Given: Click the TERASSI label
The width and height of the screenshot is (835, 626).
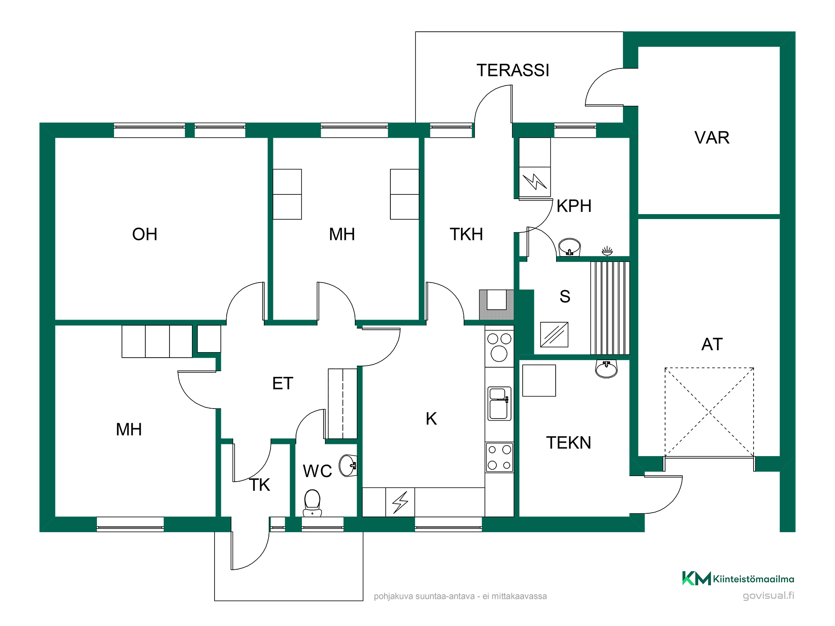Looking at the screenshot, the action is click(x=513, y=70).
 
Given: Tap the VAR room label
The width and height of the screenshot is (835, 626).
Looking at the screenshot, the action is click(x=712, y=137).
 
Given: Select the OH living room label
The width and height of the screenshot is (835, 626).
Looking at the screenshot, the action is click(x=144, y=234).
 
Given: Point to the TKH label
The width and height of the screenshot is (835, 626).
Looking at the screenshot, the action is click(x=466, y=234).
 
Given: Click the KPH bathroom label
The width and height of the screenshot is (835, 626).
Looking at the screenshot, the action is click(x=574, y=206).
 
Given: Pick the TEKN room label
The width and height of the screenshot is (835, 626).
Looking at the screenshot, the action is click(x=569, y=442).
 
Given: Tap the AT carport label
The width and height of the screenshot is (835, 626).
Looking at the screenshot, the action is click(x=712, y=344).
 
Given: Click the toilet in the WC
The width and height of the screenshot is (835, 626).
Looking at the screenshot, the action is click(x=312, y=503).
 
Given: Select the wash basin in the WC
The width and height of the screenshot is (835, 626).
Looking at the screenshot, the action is click(x=348, y=465).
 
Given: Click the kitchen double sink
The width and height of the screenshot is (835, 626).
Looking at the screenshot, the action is click(x=499, y=404).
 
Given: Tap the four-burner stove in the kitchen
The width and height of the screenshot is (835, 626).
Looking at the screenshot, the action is click(x=499, y=457).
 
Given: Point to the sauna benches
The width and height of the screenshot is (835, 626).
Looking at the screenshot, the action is click(x=610, y=308).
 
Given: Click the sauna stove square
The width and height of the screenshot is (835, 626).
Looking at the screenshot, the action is click(x=554, y=334).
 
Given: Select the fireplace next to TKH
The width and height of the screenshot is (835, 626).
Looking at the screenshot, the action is click(x=496, y=305).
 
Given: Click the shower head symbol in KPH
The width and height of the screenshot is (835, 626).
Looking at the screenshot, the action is click(x=607, y=251).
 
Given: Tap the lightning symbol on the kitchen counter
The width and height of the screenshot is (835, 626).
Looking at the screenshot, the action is click(x=400, y=502).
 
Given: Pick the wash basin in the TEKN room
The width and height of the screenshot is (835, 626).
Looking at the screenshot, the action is click(x=606, y=369).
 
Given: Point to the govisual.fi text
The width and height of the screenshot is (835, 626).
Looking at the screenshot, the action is click(x=768, y=596).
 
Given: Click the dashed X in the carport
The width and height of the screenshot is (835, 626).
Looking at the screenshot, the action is click(x=709, y=412).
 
